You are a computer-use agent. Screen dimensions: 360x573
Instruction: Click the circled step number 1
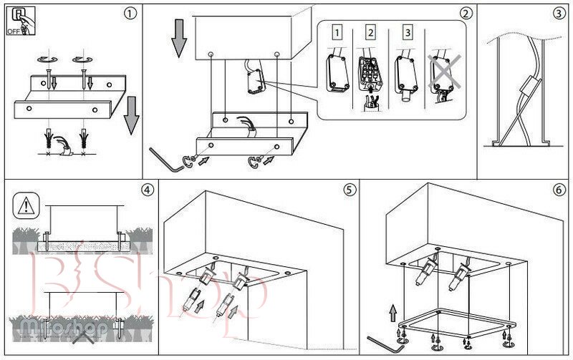point(129,13)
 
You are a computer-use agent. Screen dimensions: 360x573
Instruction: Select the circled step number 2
point(466,13)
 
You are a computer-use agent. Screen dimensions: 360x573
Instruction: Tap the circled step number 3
point(559,13)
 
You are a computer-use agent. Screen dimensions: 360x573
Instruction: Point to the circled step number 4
point(147,190)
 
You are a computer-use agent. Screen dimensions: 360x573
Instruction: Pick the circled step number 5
point(349,190)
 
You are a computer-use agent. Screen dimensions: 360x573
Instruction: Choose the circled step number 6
point(559,190)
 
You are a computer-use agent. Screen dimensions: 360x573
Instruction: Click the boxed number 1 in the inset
point(337,32)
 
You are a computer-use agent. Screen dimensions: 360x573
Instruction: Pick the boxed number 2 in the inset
point(370,32)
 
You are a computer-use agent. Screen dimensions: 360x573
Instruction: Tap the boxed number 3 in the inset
point(407,32)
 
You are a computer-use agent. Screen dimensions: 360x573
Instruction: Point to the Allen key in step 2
point(166,159)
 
